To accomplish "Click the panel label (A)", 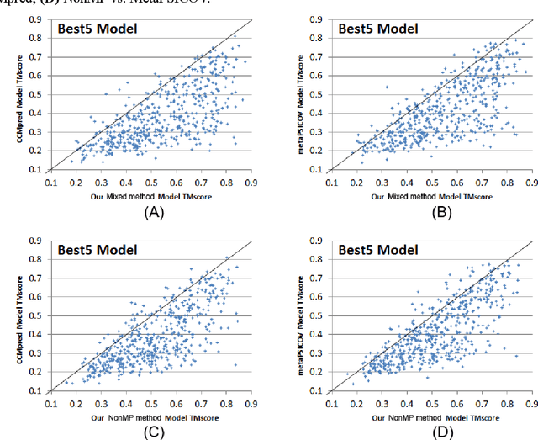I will tap(153, 214).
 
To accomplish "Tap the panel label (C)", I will tap(153, 431).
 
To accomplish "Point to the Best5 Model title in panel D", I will tap(377, 249).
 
